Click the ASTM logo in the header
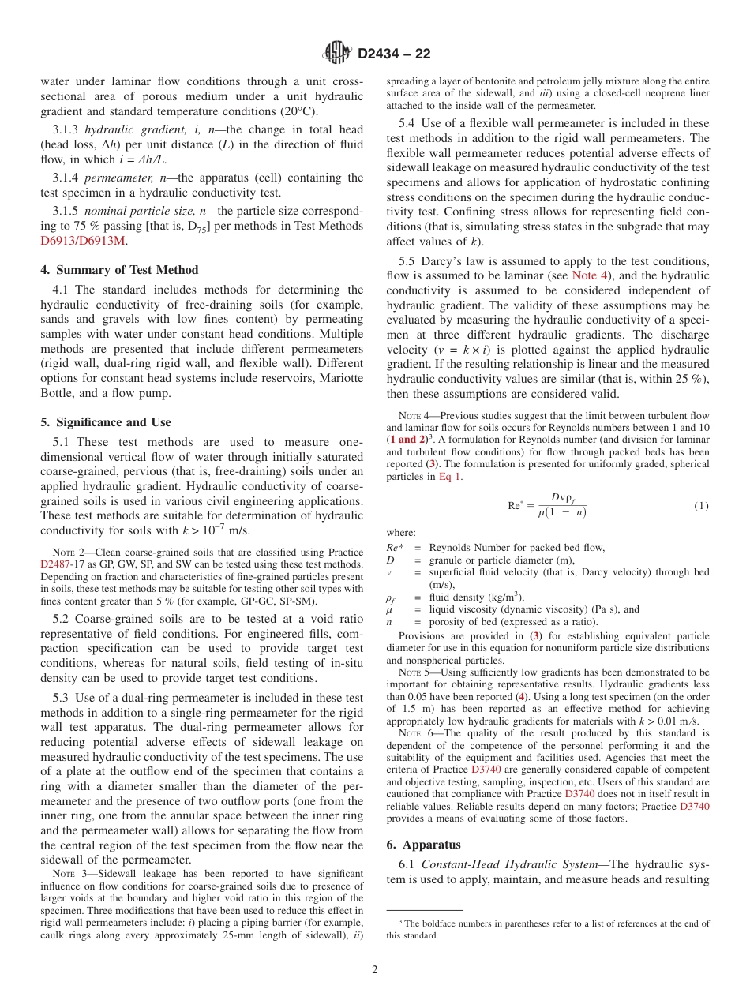(x=337, y=54)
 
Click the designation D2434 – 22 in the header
(x=394, y=54)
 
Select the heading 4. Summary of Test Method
(x=119, y=270)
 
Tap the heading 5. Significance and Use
(x=106, y=422)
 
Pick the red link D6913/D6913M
(x=83, y=242)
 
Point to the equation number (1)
(x=701, y=505)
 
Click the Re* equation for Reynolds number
(x=546, y=505)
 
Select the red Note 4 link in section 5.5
(x=583, y=275)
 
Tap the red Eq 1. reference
(x=451, y=476)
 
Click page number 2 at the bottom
(x=375, y=970)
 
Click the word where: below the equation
(x=400, y=533)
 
